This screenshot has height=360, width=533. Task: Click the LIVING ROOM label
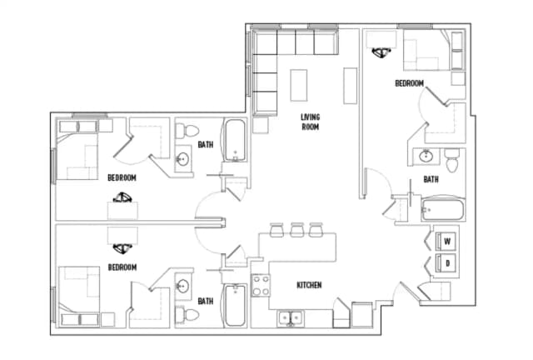tap(311, 122)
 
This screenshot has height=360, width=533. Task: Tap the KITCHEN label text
tap(309, 285)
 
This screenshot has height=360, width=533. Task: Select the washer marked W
tap(446, 242)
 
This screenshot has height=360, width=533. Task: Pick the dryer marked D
tap(446, 263)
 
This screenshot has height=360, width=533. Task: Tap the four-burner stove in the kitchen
tap(261, 286)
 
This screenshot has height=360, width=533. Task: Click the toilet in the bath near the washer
tap(452, 158)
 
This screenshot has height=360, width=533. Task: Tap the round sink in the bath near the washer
tap(426, 156)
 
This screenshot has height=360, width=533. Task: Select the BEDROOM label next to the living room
tap(409, 83)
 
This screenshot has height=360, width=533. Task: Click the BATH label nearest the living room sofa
tap(205, 145)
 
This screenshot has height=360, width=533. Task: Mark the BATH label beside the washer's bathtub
tap(431, 178)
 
